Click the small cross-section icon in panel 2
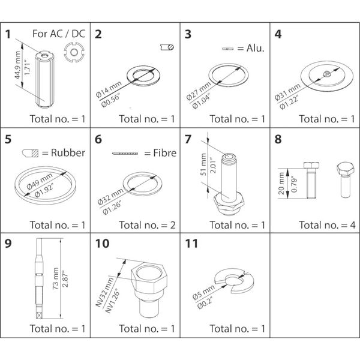[168, 47]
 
